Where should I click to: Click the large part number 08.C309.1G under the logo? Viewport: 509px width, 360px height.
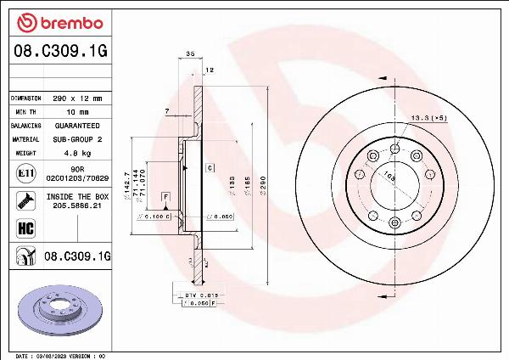pyautogui.click(x=60, y=51)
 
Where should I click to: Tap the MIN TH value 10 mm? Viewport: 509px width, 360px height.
pyautogui.click(x=77, y=112)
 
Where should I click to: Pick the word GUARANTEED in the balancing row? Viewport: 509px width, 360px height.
pyautogui.click(x=77, y=125)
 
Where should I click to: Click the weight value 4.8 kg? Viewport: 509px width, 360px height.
pyautogui.click(x=77, y=153)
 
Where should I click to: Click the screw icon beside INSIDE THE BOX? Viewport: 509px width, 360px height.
pyautogui.click(x=25, y=201)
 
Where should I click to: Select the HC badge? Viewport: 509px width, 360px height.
pyautogui.click(x=25, y=228)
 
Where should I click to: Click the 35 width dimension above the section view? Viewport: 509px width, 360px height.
pyautogui.click(x=190, y=53)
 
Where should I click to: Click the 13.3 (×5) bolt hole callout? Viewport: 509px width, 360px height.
pyautogui.click(x=428, y=117)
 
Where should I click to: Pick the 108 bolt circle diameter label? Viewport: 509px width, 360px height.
pyautogui.click(x=389, y=177)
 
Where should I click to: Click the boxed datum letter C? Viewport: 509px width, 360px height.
pyautogui.click(x=208, y=168)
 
